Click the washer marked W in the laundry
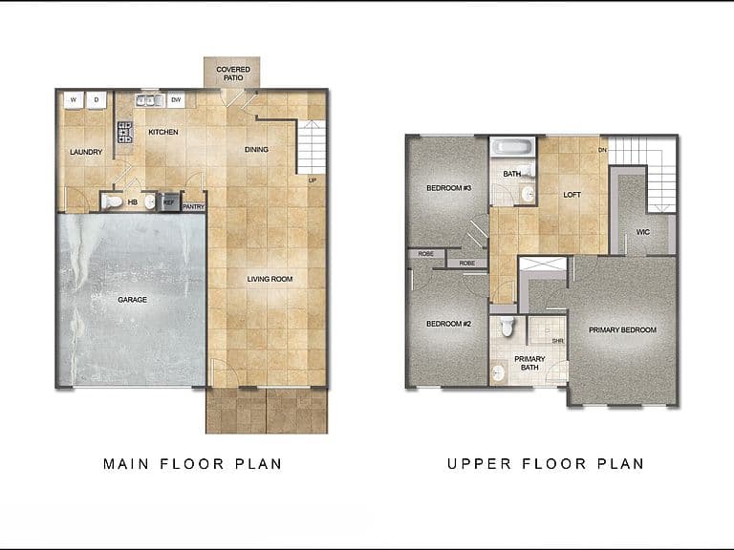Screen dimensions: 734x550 coord(74,99)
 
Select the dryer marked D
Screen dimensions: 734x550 coord(97,99)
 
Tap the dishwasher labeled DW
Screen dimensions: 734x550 coord(176,99)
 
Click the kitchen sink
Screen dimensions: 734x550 coord(150,100)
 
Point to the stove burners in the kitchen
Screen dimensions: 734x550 coord(125,132)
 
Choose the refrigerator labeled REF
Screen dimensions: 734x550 coord(169,202)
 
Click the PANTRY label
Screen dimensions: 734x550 coord(194,206)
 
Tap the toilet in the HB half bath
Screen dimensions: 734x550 coord(112,201)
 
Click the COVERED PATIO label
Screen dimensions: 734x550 coord(233,74)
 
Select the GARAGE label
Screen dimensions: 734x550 coord(133,299)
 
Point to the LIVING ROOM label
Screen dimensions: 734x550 coord(270,279)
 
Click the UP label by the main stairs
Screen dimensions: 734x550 coord(313,180)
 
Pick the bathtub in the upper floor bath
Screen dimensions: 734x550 coord(512,147)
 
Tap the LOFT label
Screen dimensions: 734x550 coord(572,195)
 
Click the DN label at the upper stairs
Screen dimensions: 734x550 coord(602,150)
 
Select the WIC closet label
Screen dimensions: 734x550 coord(642,231)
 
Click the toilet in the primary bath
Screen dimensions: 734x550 coord(507,327)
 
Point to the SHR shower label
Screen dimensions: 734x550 coord(557,341)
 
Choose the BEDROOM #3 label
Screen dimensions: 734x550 coord(449,188)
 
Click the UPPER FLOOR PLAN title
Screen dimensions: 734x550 coord(546,463)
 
